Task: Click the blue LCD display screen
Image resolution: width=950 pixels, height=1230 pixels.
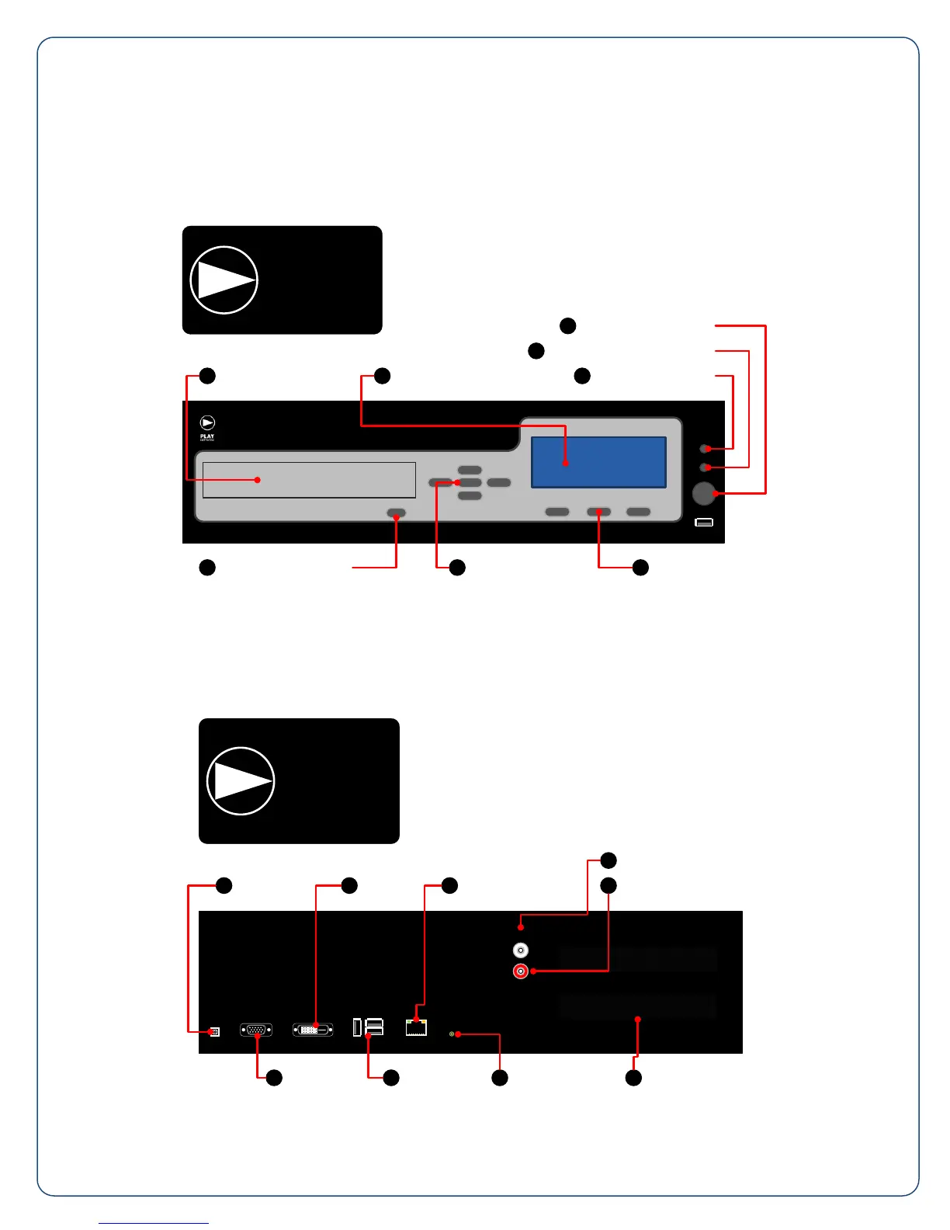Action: click(x=598, y=462)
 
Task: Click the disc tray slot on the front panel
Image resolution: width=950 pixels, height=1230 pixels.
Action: click(x=309, y=480)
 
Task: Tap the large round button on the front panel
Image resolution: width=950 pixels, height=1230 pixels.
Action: click(x=703, y=494)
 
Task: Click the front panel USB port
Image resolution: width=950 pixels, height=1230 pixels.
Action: click(x=703, y=523)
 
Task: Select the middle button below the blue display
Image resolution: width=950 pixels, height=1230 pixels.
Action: click(x=598, y=512)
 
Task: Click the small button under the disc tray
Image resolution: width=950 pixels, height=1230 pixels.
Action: click(x=396, y=513)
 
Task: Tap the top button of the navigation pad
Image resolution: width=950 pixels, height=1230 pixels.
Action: click(x=470, y=470)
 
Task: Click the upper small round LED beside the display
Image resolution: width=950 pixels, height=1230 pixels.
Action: click(x=705, y=449)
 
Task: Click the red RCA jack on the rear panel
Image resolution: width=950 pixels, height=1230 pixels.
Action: click(x=521, y=971)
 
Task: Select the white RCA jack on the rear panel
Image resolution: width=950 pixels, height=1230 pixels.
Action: click(x=521, y=950)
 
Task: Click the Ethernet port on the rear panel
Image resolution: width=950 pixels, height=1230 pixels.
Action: click(x=416, y=1027)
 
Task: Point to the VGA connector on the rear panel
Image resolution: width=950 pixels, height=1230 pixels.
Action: click(x=256, y=1030)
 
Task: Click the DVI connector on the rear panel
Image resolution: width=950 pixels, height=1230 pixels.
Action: click(x=313, y=1030)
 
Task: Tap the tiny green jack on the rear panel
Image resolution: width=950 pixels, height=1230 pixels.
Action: click(x=452, y=1034)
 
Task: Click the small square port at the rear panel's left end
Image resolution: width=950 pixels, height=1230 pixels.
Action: click(x=215, y=1031)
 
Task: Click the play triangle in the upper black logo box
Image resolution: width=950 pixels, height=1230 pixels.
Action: click(x=224, y=280)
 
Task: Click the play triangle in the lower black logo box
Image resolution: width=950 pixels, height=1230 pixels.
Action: click(x=241, y=781)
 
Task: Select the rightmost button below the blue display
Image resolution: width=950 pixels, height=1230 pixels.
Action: click(x=638, y=512)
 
